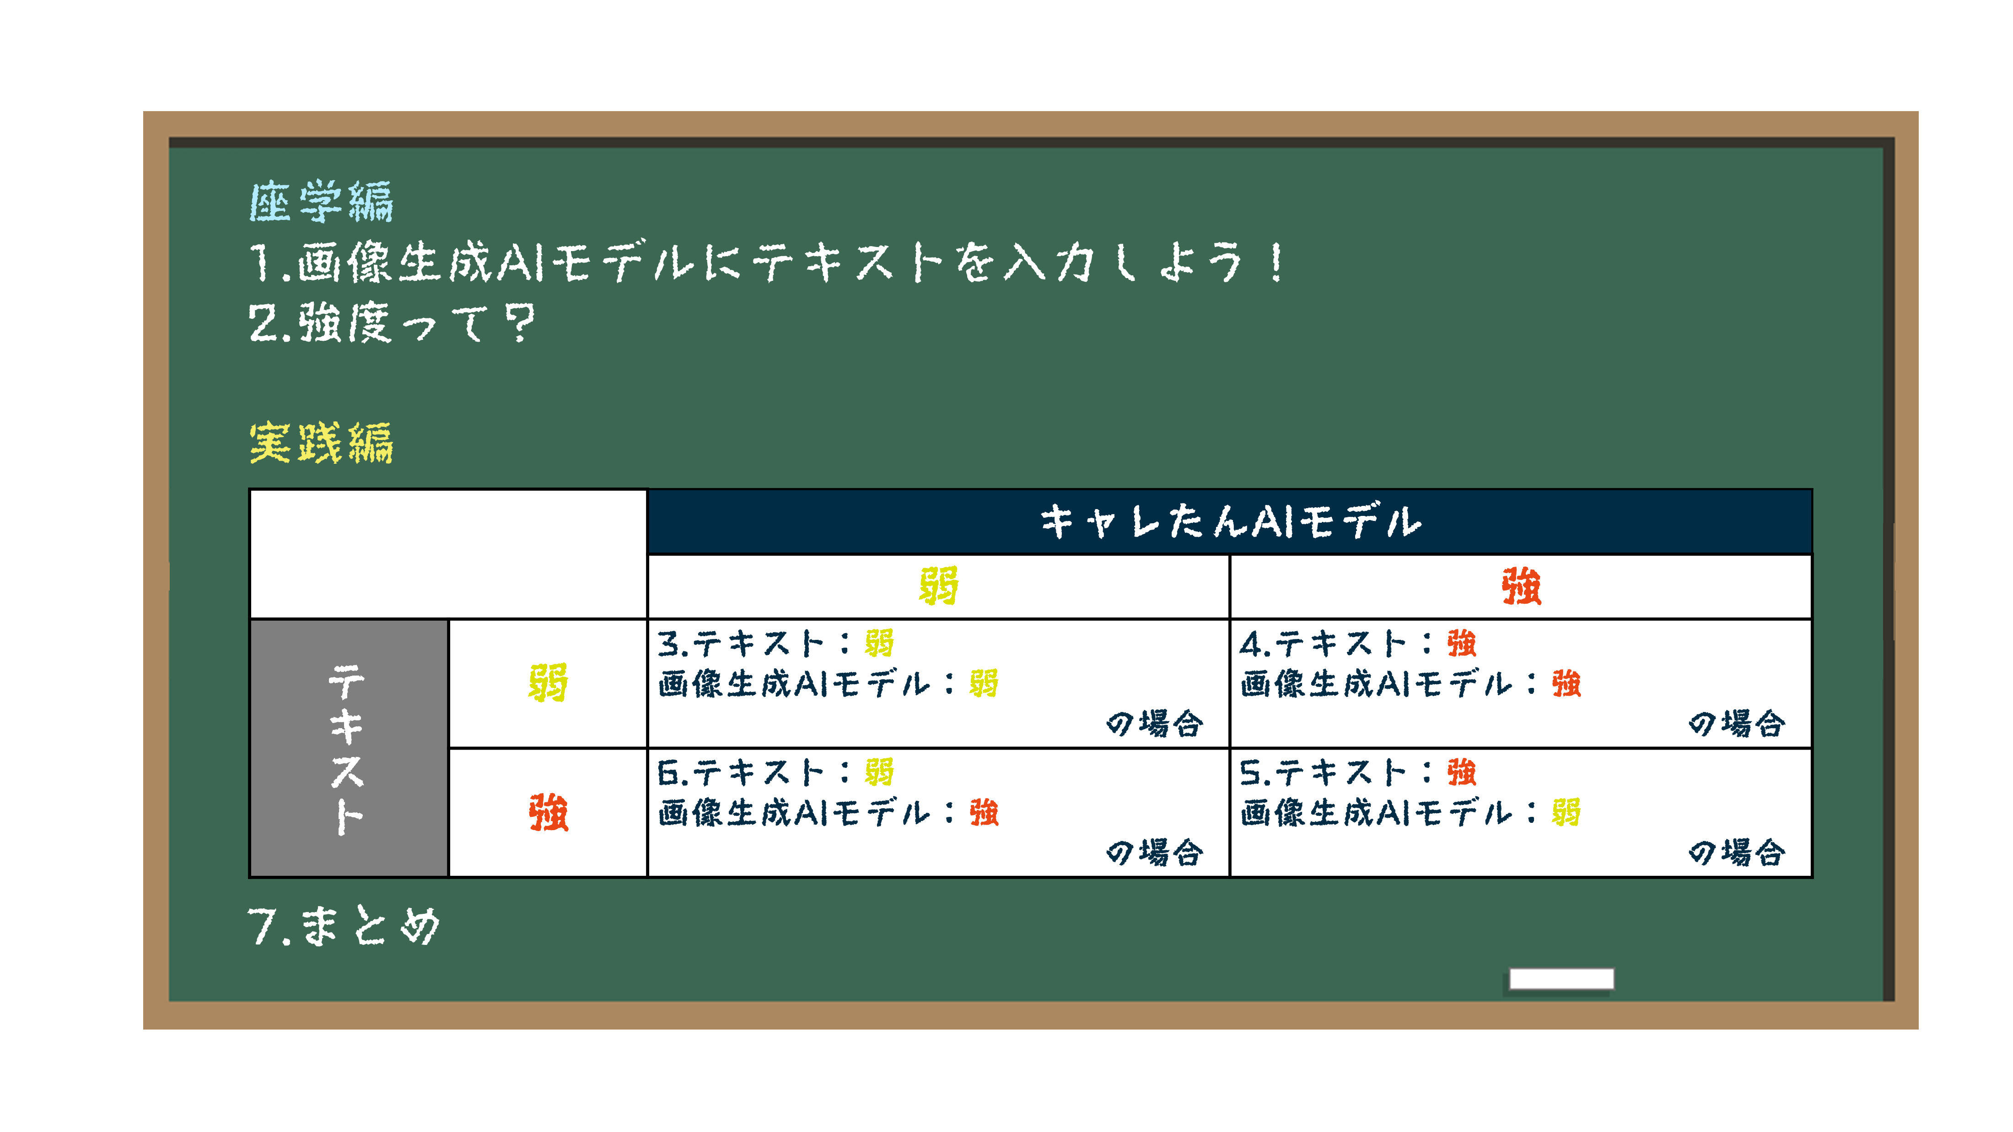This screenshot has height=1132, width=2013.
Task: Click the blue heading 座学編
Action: tap(321, 202)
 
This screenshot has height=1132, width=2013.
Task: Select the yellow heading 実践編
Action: tap(321, 443)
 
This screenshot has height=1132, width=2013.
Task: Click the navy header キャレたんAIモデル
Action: tap(1230, 522)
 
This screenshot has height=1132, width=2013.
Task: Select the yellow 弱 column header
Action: tap(938, 587)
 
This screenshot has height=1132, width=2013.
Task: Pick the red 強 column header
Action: tap(1521, 587)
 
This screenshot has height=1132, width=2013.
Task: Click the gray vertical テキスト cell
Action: tap(349, 748)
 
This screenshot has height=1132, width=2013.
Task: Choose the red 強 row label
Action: tap(548, 812)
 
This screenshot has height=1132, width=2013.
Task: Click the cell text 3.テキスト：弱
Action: tap(775, 644)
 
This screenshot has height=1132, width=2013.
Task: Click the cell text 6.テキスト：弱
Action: tap(775, 773)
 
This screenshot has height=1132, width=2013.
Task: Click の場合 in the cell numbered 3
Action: tap(1154, 724)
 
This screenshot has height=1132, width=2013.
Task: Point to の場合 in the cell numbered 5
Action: tap(1736, 853)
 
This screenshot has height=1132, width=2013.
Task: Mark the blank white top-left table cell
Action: tap(448, 554)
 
